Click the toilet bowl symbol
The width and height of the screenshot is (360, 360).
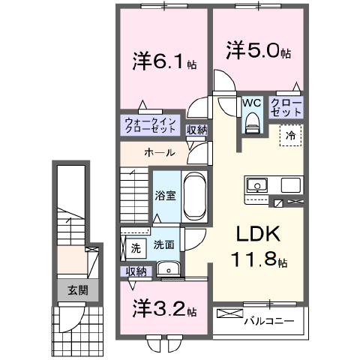[252, 121]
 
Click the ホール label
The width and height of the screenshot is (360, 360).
[160, 153]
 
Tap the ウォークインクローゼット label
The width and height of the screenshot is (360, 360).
[150, 124]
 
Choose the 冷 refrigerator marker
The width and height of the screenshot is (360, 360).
[289, 136]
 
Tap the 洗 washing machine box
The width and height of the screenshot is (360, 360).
[136, 246]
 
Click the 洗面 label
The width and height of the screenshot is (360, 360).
[164, 245]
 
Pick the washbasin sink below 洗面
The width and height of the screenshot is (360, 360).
[168, 268]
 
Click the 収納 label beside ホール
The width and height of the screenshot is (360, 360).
[197, 130]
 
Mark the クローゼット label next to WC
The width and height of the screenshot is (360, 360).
[286, 106]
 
